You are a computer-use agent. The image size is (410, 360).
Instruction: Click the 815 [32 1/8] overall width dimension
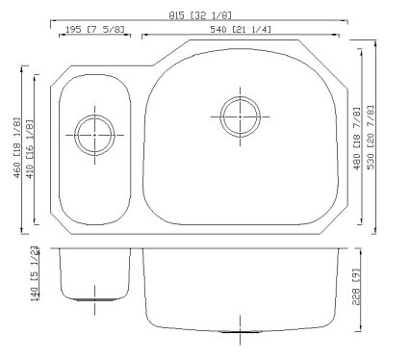pyautogui.click(x=200, y=15)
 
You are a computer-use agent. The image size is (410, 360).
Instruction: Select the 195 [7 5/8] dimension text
pyautogui.click(x=94, y=30)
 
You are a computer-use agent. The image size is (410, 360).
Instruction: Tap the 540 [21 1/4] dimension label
pyautogui.click(x=241, y=30)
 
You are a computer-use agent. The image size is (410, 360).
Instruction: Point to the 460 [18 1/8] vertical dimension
pyautogui.click(x=16, y=148)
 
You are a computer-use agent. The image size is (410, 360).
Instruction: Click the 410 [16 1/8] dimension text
pyautogui.click(x=29, y=149)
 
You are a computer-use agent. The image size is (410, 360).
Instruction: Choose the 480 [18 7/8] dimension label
pyautogui.click(x=357, y=139)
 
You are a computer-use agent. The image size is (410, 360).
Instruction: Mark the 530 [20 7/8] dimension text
pyautogui.click(x=371, y=138)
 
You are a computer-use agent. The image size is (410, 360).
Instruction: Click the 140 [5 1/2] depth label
pyautogui.click(x=35, y=273)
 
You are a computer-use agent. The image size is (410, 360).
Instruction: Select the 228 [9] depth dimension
pyautogui.click(x=357, y=287)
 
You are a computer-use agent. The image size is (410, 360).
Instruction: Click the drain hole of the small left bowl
pyautogui.click(x=94, y=135)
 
